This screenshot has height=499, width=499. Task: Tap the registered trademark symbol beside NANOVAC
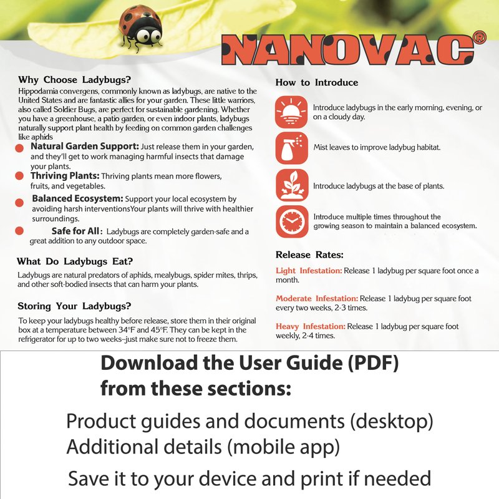(479, 39)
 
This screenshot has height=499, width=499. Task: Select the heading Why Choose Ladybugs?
(74, 80)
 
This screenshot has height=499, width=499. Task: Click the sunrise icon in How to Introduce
(291, 113)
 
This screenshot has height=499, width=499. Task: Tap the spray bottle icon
(291, 147)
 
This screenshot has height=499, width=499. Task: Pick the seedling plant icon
(291, 185)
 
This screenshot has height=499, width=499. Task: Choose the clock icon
(291, 221)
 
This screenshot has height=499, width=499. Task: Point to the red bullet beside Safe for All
(20, 231)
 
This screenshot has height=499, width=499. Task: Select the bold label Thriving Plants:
(65, 176)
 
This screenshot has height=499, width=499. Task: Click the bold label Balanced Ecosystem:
(77, 198)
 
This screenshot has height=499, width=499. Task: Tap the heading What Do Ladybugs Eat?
(75, 261)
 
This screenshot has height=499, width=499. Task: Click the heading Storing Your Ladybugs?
(74, 306)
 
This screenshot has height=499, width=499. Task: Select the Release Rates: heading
(309, 254)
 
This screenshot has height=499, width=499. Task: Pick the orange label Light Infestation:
(309, 271)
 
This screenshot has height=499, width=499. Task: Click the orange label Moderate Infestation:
(317, 298)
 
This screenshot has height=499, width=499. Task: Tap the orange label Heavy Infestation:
(310, 326)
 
